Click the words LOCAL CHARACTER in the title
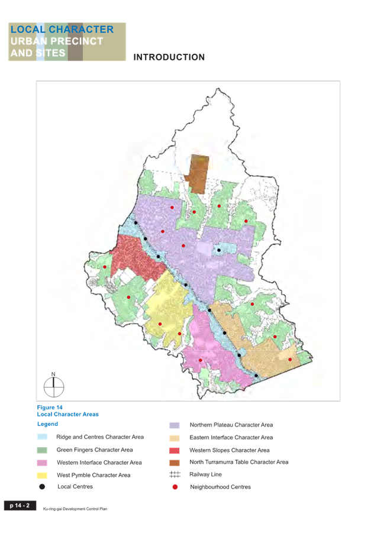coord(62,30)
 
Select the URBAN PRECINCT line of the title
coord(57,41)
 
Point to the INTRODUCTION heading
coord(169,57)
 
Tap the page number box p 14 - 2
coord(20,505)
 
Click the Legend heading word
coord(47,424)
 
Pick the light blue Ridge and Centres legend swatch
coord(42,437)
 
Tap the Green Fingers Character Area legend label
coord(95,450)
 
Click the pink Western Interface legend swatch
coord(42,463)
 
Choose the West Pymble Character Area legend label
coord(94,475)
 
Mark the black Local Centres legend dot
coord(42,487)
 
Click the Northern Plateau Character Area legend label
coord(231,425)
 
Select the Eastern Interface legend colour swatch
coord(175,438)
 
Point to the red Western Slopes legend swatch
coord(175,450)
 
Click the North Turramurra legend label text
coord(239,462)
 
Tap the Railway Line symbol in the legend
coord(175,474)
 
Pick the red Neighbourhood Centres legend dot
coord(175,487)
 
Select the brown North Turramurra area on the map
coord(196,173)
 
